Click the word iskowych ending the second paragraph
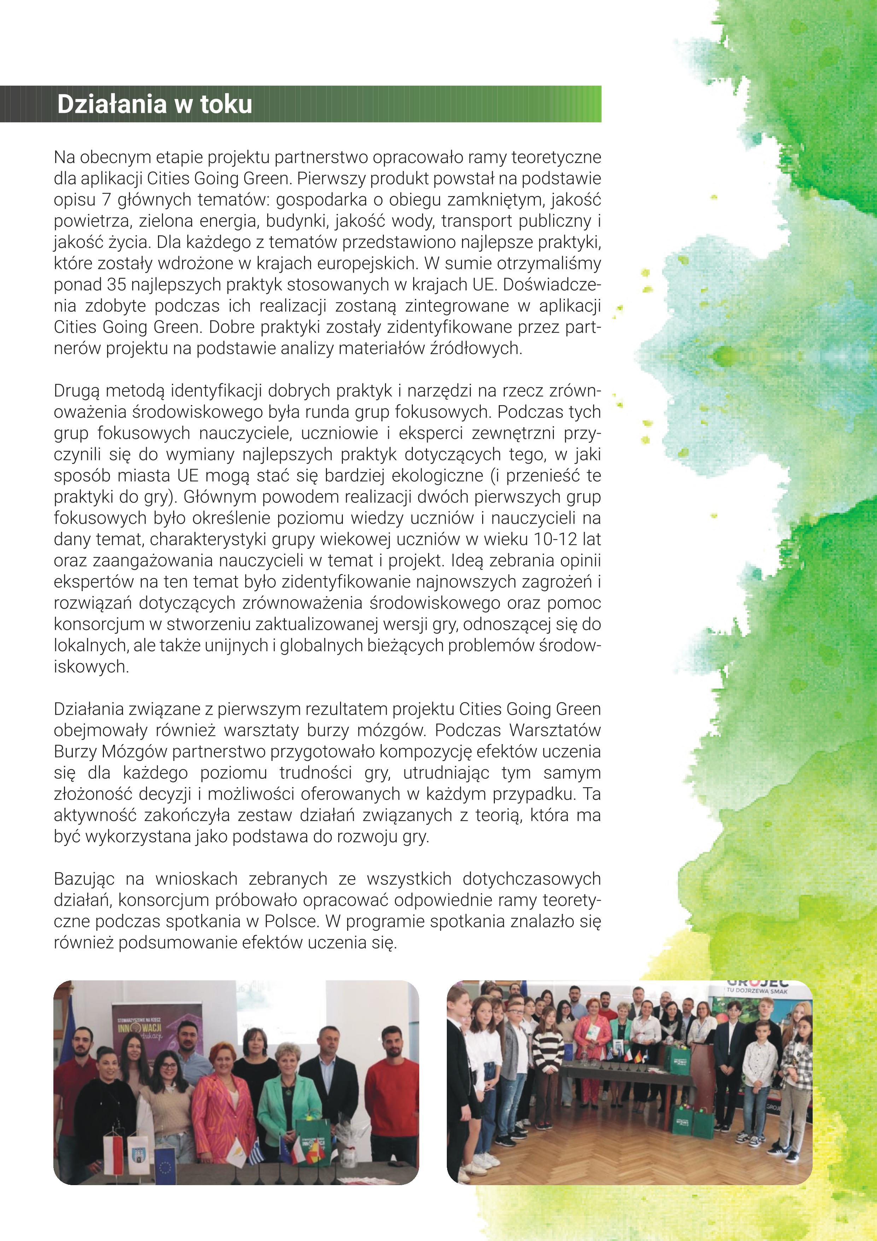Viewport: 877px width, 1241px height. [91, 667]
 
